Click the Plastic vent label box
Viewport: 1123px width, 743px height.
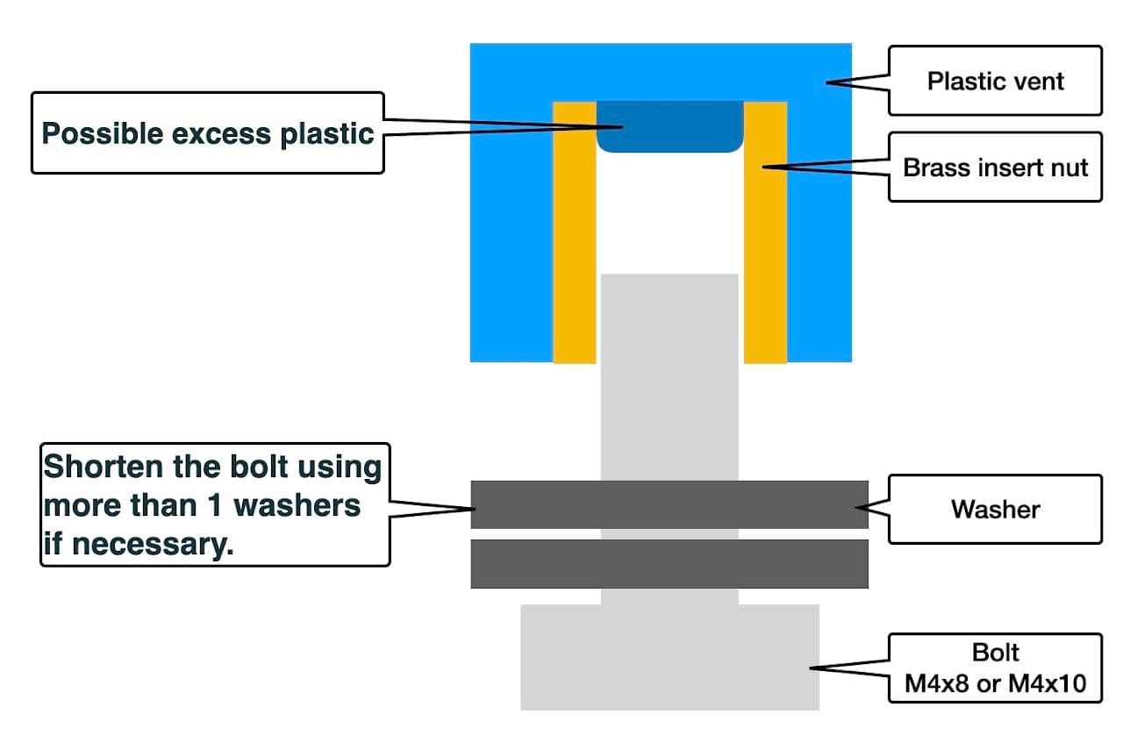pyautogui.click(x=995, y=82)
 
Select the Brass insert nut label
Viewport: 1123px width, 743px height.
pyautogui.click(x=995, y=167)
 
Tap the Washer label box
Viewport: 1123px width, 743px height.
pyautogui.click(x=995, y=509)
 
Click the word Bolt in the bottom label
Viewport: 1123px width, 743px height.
pyautogui.click(x=995, y=654)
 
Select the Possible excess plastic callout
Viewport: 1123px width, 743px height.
pyautogui.click(x=208, y=133)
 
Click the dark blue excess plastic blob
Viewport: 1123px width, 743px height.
pyautogui.click(x=669, y=127)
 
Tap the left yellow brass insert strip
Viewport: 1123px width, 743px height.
pyautogui.click(x=575, y=232)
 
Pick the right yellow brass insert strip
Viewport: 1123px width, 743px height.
pyautogui.click(x=765, y=232)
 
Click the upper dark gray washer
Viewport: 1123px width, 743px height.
pyautogui.click(x=669, y=504)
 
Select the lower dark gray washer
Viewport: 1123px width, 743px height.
pyautogui.click(x=669, y=563)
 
